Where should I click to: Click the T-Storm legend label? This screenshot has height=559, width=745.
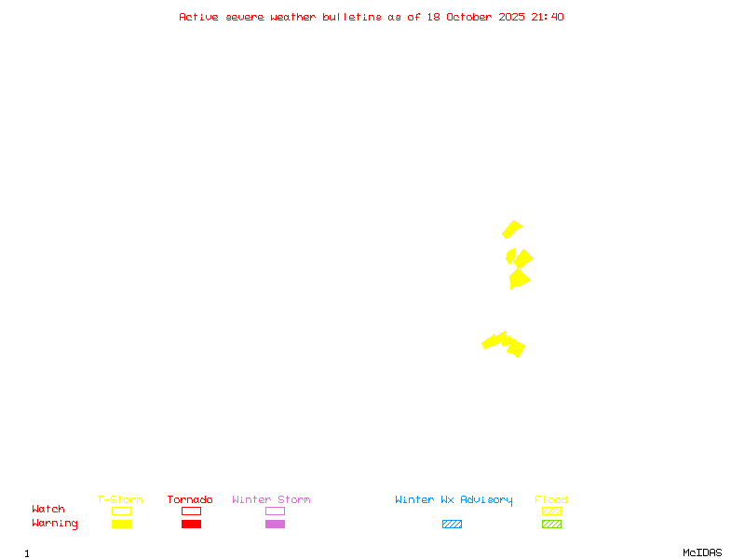pos(120,500)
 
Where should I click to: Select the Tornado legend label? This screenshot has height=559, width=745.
pos(190,500)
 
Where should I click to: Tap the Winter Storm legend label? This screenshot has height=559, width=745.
pos(271,500)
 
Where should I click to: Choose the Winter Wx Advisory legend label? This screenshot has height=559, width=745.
pos(454,500)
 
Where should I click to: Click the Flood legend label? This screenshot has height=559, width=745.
pos(551,500)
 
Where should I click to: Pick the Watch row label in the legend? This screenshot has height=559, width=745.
pos(48,510)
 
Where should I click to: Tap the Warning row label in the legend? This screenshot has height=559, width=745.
pos(55,524)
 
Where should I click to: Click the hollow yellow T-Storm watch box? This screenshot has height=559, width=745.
pos(121,511)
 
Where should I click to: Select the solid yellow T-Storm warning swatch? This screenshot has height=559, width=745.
pos(121,524)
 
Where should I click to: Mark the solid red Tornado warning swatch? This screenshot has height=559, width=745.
pos(191,524)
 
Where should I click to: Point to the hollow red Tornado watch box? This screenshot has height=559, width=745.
pos(191,511)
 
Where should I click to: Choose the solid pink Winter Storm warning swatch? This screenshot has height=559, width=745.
pos(275,524)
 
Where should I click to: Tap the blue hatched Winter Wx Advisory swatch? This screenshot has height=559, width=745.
pos(452,524)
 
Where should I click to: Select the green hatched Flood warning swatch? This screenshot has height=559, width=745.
pos(551,524)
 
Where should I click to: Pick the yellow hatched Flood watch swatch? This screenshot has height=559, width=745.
pos(551,511)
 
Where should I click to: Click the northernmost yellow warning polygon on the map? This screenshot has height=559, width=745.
pos(511,229)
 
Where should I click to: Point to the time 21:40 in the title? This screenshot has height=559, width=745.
pos(548,17)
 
